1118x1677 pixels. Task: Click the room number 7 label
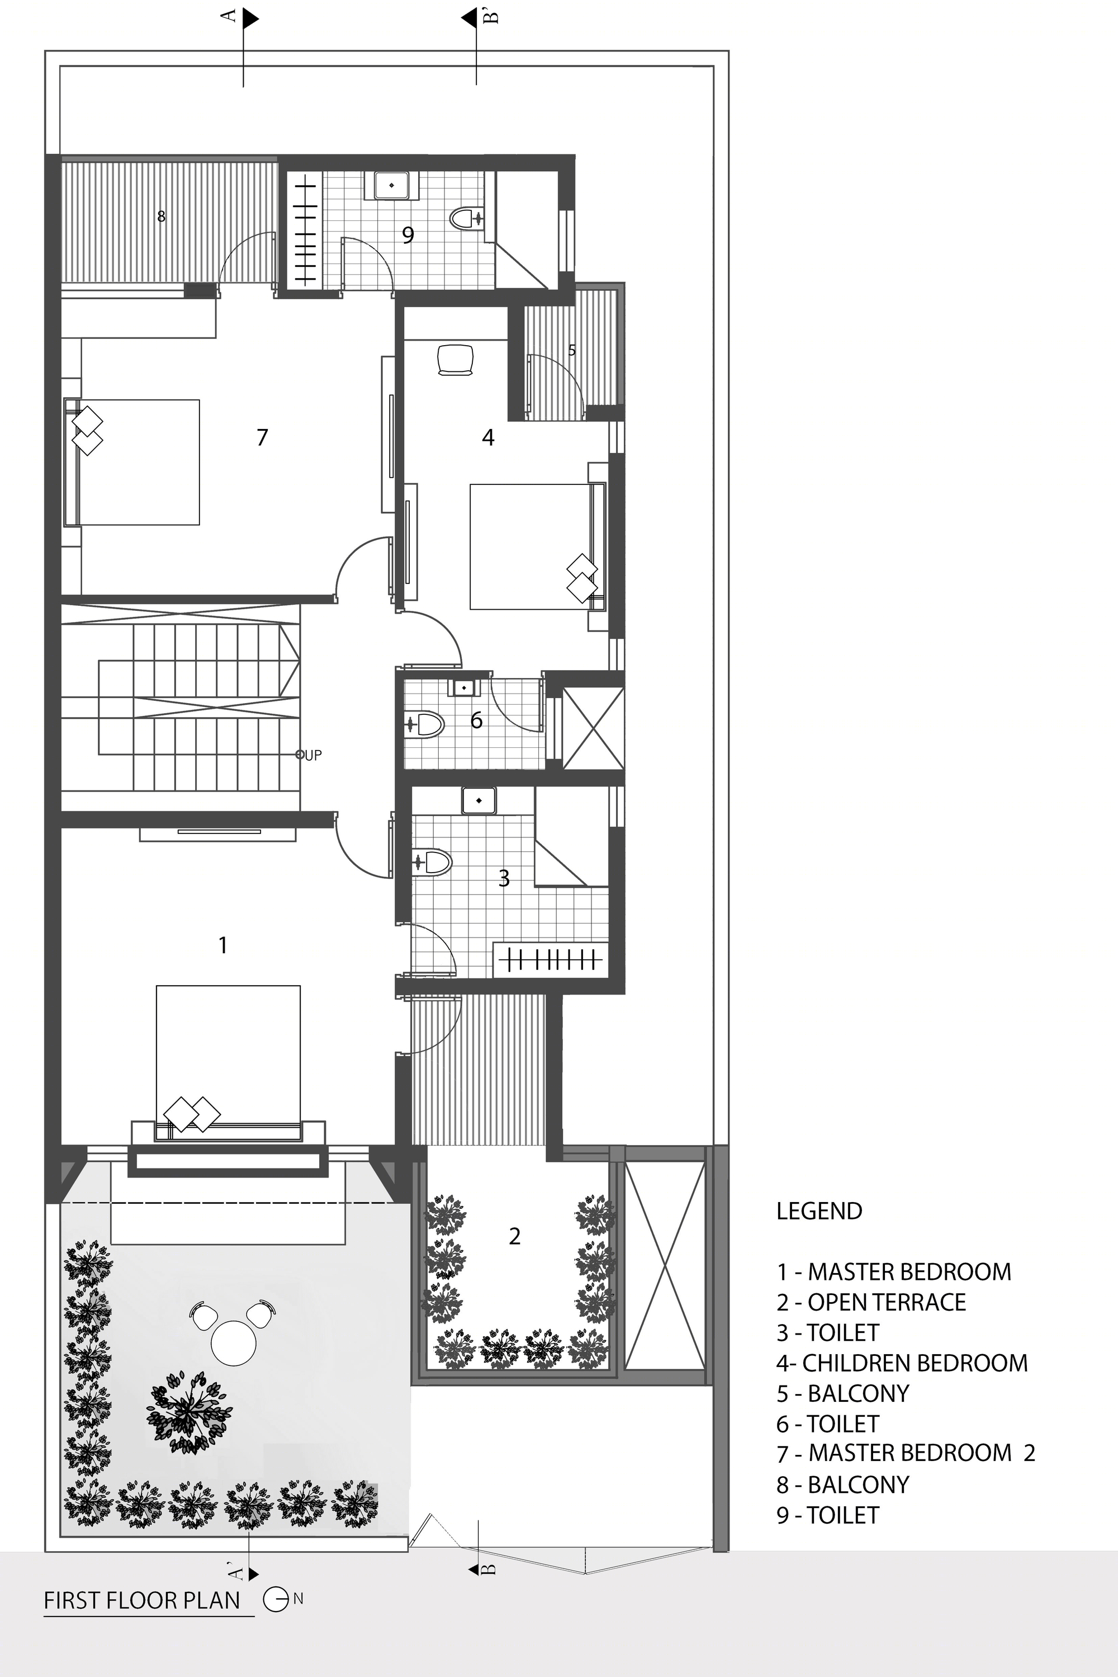262,436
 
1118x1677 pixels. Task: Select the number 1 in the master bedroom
223,945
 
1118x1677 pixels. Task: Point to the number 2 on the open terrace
515,1236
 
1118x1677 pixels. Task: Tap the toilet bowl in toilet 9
466,218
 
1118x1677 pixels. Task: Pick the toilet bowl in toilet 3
433,861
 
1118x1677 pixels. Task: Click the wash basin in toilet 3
479,800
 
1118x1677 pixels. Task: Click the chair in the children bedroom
456,360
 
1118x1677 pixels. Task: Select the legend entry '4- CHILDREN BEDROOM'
902,1363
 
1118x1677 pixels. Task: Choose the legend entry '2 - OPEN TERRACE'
871,1302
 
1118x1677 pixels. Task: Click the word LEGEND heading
819,1210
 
